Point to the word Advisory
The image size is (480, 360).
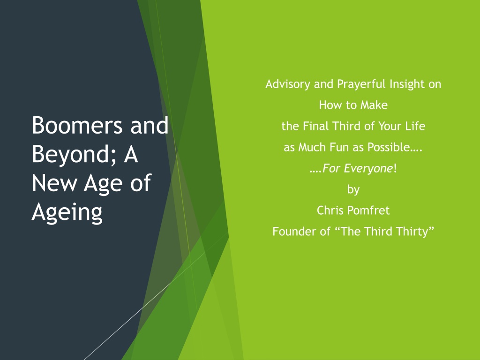pyautogui.click(x=288, y=84)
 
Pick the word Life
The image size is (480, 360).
pyautogui.click(x=415, y=126)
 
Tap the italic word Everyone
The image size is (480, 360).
pyautogui.click(x=368, y=168)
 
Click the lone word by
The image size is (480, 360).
pyautogui.click(x=353, y=190)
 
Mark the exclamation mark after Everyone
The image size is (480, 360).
pyautogui.click(x=395, y=168)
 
